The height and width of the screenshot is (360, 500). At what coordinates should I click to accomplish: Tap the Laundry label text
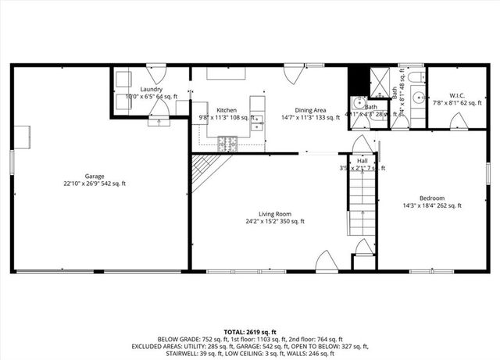[151, 89]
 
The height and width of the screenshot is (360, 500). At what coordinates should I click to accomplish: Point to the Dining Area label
[310, 110]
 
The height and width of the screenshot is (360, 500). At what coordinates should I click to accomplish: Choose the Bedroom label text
[431, 198]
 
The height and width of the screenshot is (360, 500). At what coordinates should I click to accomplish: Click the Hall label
[362, 160]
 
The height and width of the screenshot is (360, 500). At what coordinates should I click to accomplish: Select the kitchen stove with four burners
[227, 143]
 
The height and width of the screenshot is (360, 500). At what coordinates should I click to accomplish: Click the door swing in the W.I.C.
[459, 121]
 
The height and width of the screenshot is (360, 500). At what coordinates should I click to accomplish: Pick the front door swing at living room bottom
[326, 263]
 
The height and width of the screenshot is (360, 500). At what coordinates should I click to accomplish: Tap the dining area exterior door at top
[294, 74]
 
